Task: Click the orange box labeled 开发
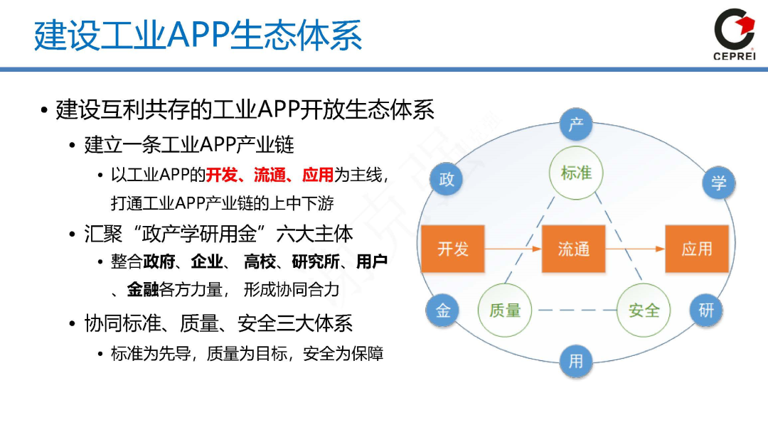click(453, 249)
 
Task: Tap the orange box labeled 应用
click(696, 249)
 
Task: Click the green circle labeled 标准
click(576, 173)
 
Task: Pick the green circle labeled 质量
click(505, 310)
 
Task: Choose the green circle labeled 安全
click(644, 310)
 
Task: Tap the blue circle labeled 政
click(447, 179)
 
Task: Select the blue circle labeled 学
click(719, 183)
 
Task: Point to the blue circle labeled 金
click(443, 310)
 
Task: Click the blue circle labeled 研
click(705, 310)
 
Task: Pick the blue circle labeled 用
click(575, 361)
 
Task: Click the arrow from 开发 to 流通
click(513, 249)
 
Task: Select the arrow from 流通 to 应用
click(634, 249)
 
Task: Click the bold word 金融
click(142, 289)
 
